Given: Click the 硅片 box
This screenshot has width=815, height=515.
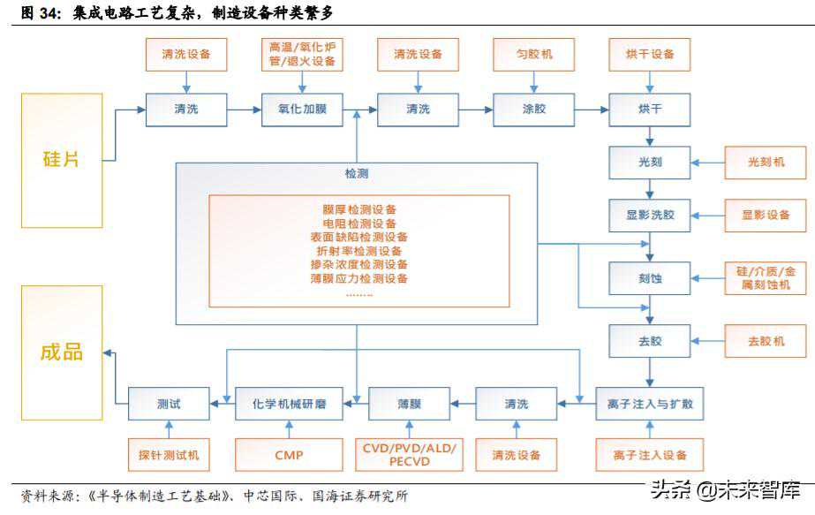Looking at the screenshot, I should [62, 160].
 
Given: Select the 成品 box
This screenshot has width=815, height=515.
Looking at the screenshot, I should [62, 352].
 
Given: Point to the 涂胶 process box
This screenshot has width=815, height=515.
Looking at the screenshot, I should [533, 109].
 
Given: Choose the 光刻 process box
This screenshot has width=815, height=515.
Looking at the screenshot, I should [649, 163].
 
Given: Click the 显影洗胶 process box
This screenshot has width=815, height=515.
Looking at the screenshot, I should [649, 215].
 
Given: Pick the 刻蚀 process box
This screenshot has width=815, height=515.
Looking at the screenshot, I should [649, 277].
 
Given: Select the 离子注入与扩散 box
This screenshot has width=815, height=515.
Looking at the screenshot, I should [650, 404].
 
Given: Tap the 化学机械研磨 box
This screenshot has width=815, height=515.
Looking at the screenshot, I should [283, 404].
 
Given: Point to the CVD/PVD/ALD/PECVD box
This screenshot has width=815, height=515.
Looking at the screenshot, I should [409, 455].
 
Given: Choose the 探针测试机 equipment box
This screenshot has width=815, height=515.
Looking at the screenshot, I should [169, 455].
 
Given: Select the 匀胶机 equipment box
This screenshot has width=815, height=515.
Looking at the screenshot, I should [534, 55].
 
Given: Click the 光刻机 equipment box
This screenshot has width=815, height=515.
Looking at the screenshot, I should [766, 163].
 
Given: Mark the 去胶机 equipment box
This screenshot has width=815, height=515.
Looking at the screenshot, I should [766, 340].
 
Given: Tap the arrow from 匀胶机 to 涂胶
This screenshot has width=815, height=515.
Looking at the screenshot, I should [534, 82].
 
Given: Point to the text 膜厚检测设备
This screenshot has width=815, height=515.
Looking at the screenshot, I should [359, 210].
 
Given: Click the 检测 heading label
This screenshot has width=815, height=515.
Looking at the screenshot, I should [357, 174].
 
